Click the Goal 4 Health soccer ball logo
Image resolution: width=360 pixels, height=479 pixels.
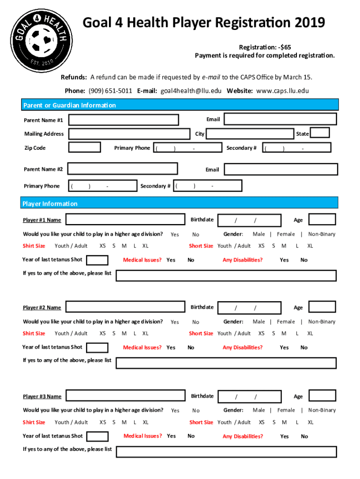click(x=42, y=42)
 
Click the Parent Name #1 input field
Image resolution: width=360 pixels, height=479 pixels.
click(x=123, y=120)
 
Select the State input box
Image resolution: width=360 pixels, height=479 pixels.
click(x=320, y=133)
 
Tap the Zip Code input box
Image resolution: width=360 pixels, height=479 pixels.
click(x=85, y=147)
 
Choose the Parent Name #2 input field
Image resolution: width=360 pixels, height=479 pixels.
click(x=122, y=168)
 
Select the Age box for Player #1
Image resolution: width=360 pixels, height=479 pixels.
click(x=322, y=219)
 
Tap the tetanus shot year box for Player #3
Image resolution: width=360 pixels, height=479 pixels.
click(x=98, y=436)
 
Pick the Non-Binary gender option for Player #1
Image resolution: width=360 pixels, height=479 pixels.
click(x=322, y=234)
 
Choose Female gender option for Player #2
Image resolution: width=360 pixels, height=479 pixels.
click(x=286, y=321)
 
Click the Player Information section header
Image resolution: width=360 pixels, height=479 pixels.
click(x=50, y=203)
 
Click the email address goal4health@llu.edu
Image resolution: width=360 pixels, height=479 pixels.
click(x=191, y=91)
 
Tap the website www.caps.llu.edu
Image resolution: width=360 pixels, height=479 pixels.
click(x=283, y=91)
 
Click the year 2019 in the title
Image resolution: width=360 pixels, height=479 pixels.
click(x=310, y=22)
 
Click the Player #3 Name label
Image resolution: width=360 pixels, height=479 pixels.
click(x=42, y=397)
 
